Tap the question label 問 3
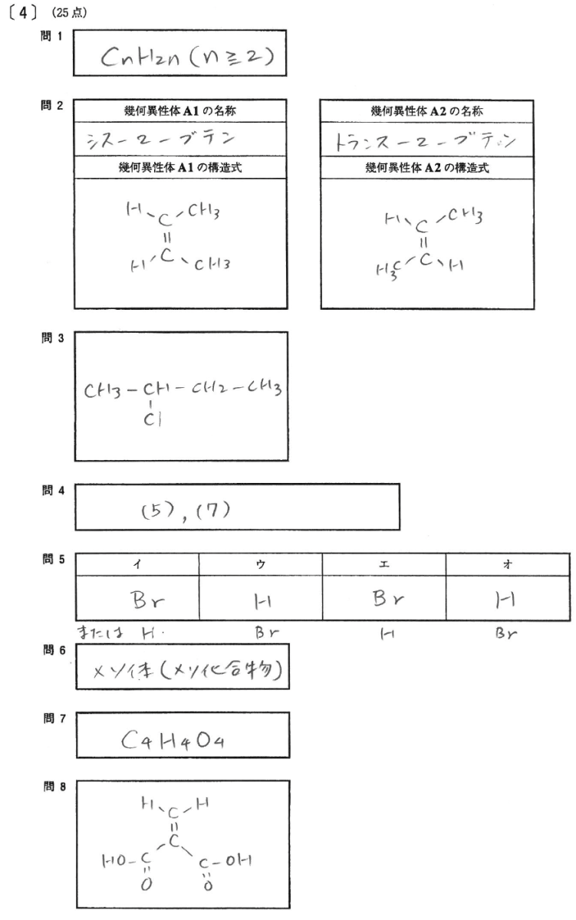52,339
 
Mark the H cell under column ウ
260,596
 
